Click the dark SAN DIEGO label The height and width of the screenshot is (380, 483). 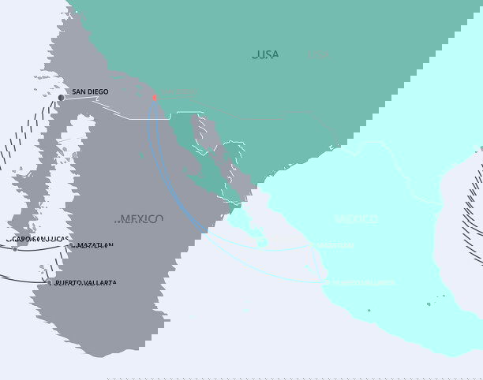90,92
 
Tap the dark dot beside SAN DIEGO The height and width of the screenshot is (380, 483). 61,97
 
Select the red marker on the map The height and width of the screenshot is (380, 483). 155,98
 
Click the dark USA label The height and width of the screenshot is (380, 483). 265,54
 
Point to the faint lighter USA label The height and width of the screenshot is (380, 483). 318,55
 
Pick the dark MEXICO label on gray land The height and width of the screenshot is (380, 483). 141,218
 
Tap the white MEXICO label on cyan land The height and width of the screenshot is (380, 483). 355,218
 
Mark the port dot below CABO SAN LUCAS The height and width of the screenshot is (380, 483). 14,249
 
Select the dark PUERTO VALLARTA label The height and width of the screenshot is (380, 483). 84,282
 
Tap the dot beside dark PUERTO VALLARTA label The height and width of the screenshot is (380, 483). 48,282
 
